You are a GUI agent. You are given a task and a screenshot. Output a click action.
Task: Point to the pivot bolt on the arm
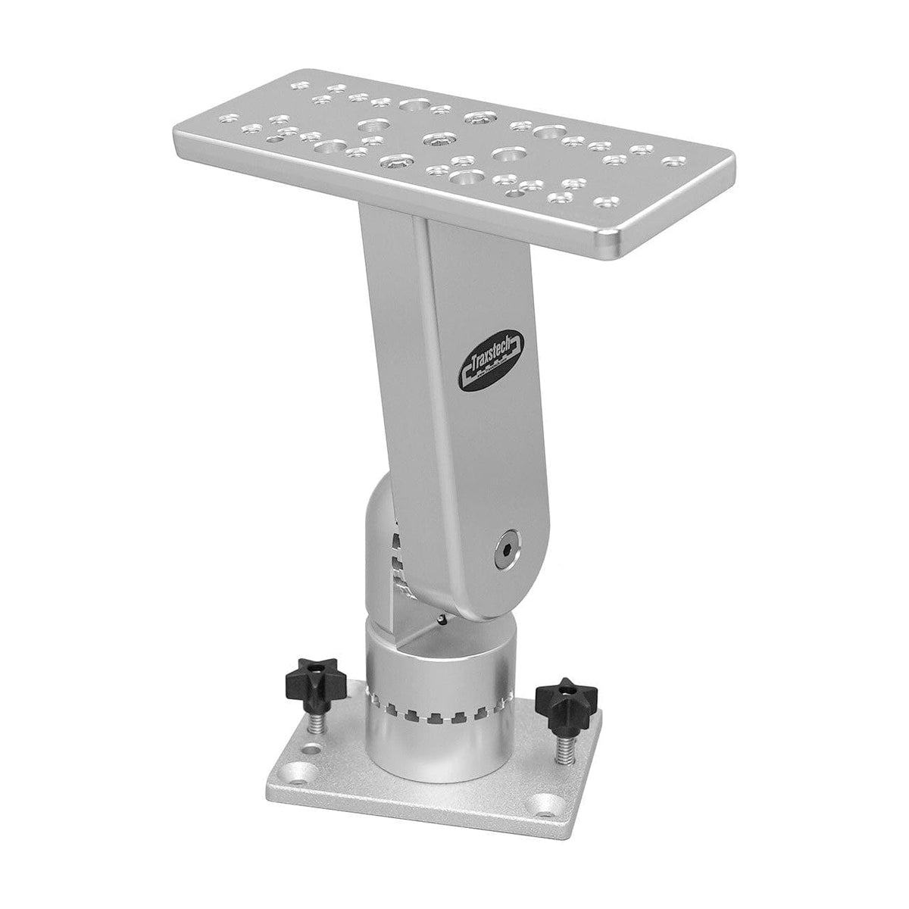coord(505,545)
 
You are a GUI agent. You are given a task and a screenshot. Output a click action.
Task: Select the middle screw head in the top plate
coord(435,139)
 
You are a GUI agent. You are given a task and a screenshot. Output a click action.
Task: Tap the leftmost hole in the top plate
coord(225,118)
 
